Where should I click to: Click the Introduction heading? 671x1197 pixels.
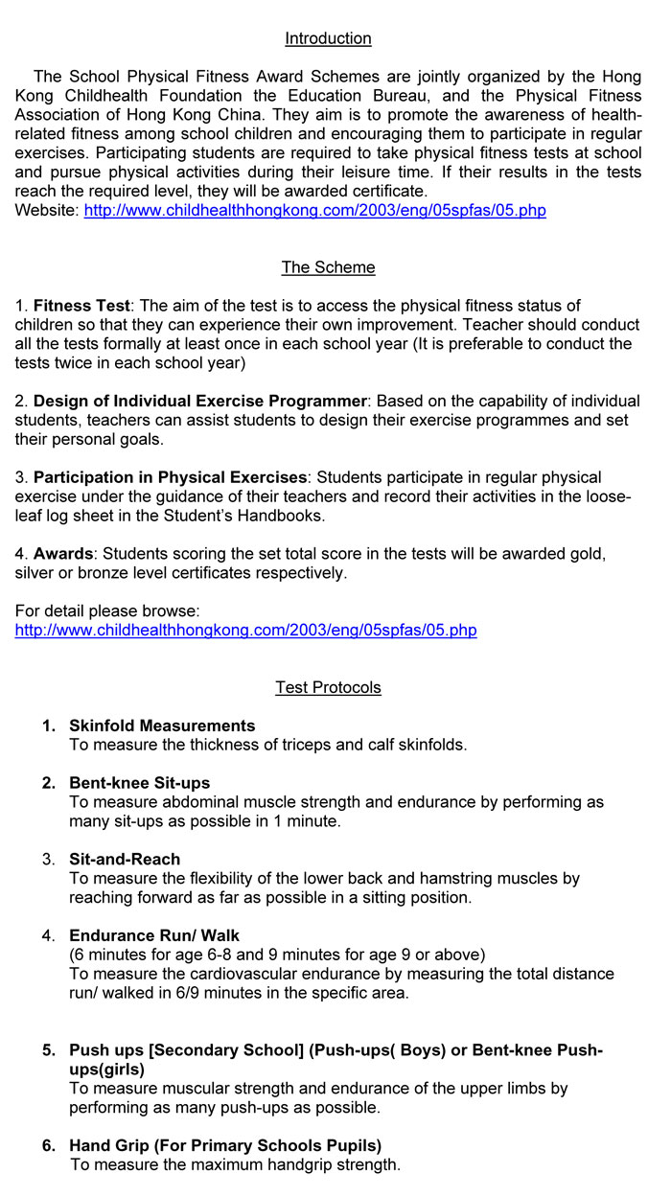328,38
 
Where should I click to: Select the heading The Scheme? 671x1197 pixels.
328,267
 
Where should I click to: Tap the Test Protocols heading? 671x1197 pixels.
328,687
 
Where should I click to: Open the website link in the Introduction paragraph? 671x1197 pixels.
314,210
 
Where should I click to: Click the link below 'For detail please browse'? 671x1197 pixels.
245,630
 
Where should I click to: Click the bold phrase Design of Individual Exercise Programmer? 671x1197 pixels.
199,401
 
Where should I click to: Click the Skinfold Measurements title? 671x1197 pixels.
162,725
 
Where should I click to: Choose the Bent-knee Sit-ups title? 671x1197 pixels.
139,783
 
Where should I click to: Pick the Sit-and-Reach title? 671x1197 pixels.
125,859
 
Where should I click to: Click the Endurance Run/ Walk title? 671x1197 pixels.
153,935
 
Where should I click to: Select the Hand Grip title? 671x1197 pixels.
224,1145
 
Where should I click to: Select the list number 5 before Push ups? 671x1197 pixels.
48,1050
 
